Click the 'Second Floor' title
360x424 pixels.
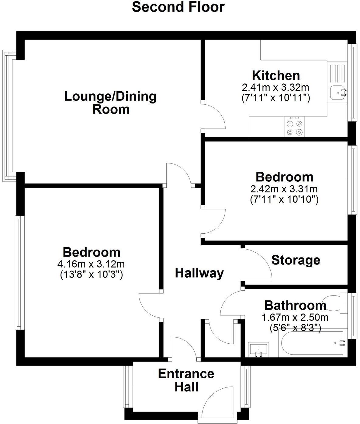point(178,7)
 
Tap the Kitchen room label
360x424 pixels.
point(276,75)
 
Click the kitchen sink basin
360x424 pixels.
point(337,92)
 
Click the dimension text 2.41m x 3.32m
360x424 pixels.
point(275,88)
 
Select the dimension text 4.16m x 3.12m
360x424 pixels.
point(91,264)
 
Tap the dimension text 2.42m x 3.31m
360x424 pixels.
point(284,189)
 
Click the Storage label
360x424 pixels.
point(296,260)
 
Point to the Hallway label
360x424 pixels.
point(199,273)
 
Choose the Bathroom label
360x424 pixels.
point(295,305)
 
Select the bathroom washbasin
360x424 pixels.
point(259,349)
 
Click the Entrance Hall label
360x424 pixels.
point(186,380)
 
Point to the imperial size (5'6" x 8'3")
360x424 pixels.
point(295,328)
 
